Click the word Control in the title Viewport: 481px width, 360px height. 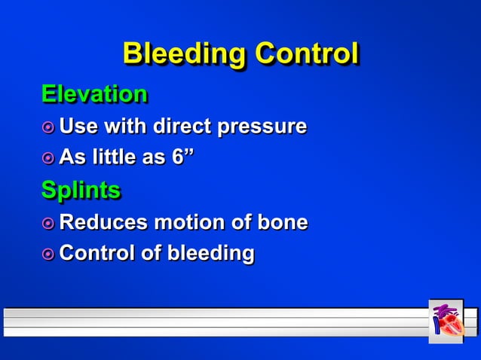click(x=305, y=54)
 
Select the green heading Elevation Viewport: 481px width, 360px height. click(x=94, y=94)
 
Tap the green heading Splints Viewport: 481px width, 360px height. click(x=81, y=190)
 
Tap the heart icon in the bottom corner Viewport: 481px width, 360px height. click(x=446, y=322)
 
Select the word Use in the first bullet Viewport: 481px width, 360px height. click(x=76, y=126)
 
